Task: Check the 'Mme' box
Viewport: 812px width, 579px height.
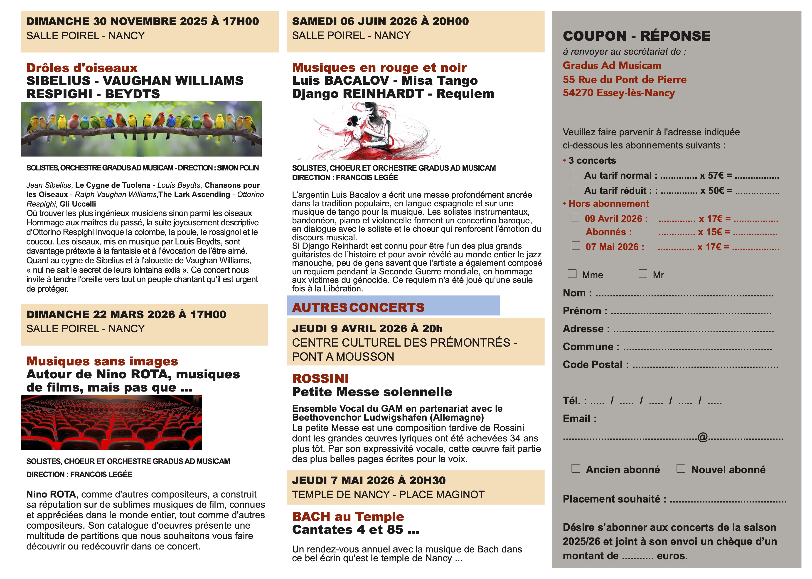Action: coord(572,273)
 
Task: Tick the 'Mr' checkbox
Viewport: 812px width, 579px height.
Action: coord(643,273)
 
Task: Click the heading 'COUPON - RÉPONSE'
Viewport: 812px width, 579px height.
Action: coord(636,36)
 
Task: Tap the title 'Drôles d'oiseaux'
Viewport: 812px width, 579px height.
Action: coord(82,68)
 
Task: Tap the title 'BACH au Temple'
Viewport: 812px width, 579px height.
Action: coord(348,516)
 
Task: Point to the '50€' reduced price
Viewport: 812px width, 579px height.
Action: coord(716,190)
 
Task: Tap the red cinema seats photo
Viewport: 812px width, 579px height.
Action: coord(112,422)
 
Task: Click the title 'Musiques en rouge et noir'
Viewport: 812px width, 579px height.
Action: coord(379,67)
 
